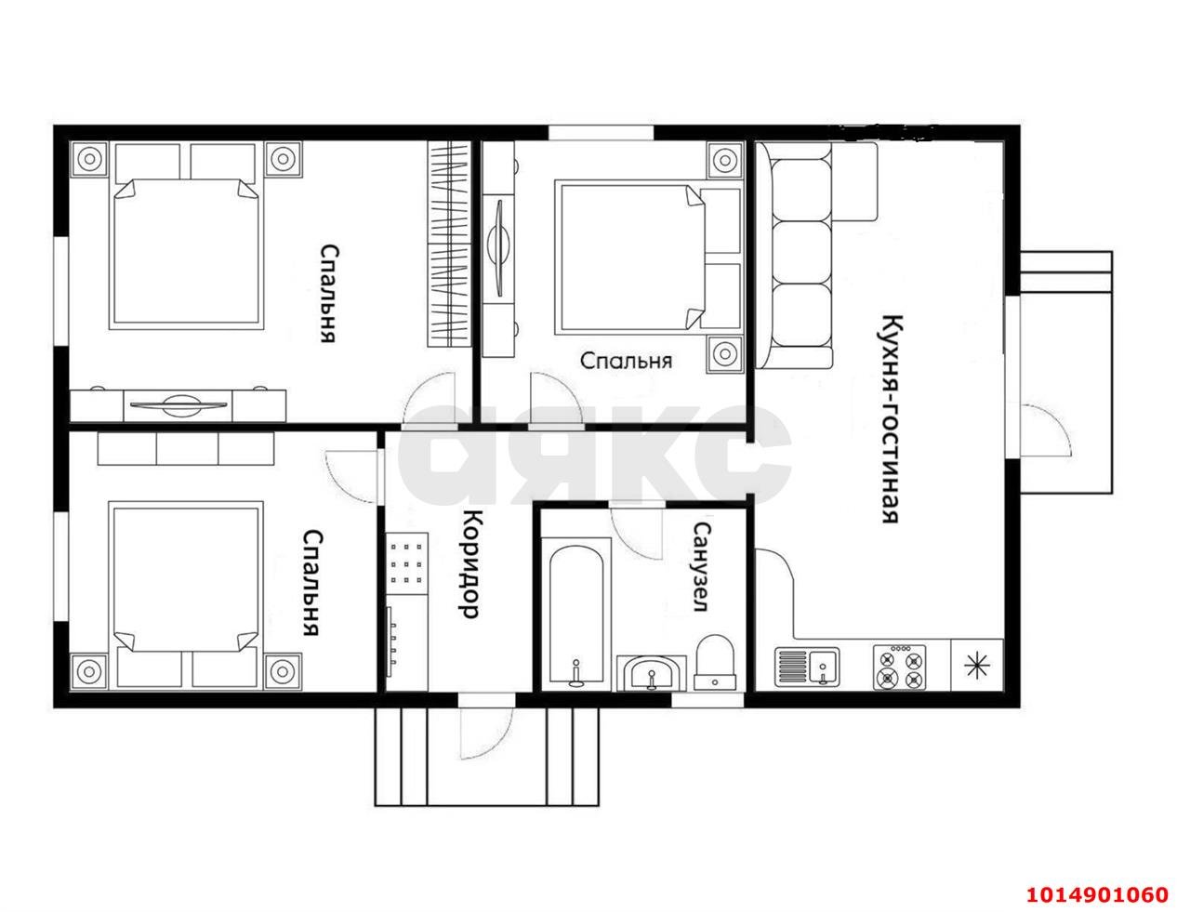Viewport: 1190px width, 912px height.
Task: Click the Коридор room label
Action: (x=470, y=564)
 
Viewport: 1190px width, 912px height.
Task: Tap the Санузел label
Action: (x=702, y=567)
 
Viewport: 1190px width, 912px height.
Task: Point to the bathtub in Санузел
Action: (x=576, y=612)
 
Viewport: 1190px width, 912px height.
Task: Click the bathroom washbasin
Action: (x=651, y=673)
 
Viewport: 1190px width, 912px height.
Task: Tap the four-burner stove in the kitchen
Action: (x=899, y=667)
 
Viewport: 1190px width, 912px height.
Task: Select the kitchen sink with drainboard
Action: (x=807, y=667)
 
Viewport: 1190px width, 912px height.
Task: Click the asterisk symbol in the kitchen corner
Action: (x=977, y=666)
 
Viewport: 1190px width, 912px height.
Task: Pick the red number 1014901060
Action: (x=1097, y=894)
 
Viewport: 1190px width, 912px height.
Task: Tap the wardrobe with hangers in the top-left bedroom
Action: (x=449, y=245)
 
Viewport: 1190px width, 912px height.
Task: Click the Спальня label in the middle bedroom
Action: (x=626, y=361)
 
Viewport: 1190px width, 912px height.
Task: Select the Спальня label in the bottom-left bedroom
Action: (x=311, y=583)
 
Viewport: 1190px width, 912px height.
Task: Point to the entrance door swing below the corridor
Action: (x=485, y=733)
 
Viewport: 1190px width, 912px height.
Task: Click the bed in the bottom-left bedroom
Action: (x=186, y=595)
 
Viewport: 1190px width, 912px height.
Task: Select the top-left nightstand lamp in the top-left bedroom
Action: (x=90, y=159)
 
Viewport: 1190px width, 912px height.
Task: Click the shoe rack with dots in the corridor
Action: (x=406, y=563)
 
